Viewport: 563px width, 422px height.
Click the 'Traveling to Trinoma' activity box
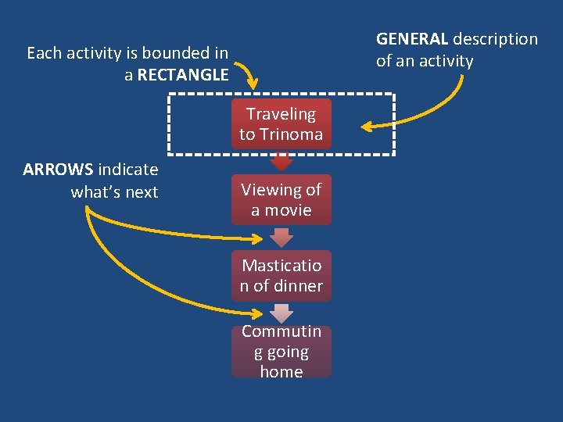281,123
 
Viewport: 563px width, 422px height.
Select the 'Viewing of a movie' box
281,199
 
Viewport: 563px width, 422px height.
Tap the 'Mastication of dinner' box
281,275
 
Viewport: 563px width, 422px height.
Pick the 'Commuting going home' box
281,351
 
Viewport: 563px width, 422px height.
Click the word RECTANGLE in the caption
183,75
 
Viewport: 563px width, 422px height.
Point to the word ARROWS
58,170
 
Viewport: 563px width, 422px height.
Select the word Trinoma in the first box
291,134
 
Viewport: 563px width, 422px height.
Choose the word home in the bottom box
281,371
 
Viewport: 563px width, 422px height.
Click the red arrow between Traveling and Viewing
281,162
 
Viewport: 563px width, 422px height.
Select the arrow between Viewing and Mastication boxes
281,238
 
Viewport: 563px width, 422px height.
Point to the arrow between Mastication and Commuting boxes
281,313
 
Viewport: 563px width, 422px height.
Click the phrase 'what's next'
114,192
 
